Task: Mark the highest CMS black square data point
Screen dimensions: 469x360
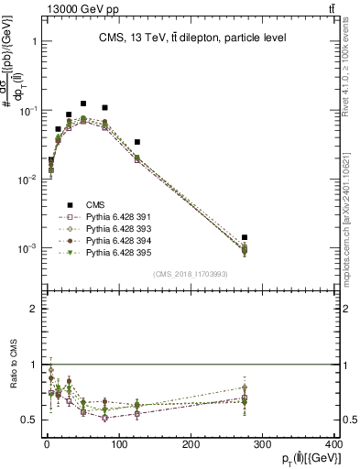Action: point(83,104)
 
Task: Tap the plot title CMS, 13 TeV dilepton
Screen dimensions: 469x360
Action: point(192,38)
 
